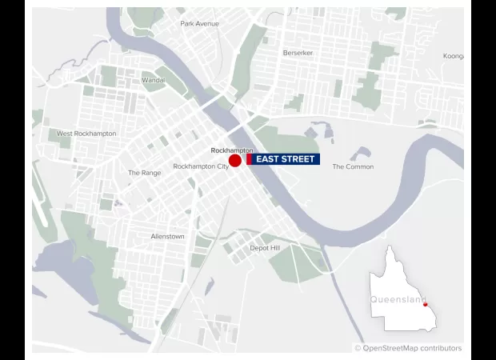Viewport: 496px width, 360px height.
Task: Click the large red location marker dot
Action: pyautogui.click(x=235, y=161)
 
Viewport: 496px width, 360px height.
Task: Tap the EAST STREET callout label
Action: pyautogui.click(x=285, y=159)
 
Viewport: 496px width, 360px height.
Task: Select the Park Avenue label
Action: pyautogui.click(x=199, y=24)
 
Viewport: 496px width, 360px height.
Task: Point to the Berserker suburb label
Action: pyautogui.click(x=298, y=53)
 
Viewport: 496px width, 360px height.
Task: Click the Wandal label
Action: pyautogui.click(x=153, y=81)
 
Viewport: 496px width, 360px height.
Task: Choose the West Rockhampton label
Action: pyautogui.click(x=86, y=134)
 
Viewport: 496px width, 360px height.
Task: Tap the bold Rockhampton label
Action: pyautogui.click(x=232, y=150)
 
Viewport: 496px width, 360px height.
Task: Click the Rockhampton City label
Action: pyautogui.click(x=201, y=166)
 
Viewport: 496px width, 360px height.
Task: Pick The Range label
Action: pyautogui.click(x=144, y=173)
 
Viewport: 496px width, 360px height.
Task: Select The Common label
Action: pyautogui.click(x=353, y=167)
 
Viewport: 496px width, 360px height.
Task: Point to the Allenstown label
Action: pyautogui.click(x=167, y=237)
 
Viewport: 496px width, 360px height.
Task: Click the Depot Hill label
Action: pyautogui.click(x=265, y=248)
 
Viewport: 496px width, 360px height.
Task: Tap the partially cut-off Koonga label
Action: pyautogui.click(x=453, y=56)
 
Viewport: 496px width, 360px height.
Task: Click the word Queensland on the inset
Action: pyautogui.click(x=398, y=299)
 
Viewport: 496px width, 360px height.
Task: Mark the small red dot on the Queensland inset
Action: pyautogui.click(x=425, y=304)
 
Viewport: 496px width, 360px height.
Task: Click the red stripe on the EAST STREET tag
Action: pyautogui.click(x=250, y=159)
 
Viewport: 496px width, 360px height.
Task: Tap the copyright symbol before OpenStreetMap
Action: pyautogui.click(x=358, y=348)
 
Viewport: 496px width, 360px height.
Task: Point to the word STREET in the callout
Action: pyautogui.click(x=298, y=159)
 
